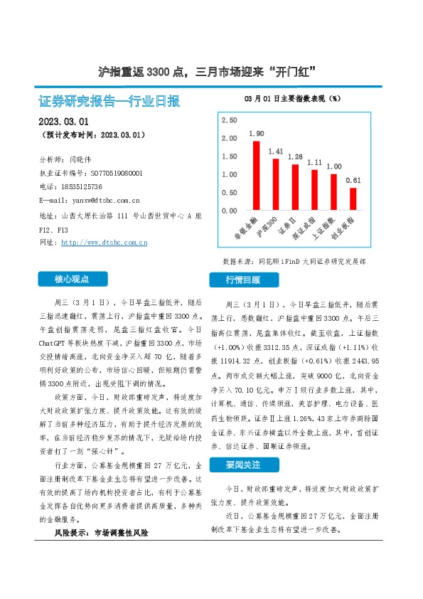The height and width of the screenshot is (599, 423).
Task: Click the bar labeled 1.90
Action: point(257,175)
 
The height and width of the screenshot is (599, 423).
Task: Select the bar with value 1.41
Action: point(276,184)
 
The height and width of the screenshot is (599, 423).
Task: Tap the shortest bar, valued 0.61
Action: point(353,199)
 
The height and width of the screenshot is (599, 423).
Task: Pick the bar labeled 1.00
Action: point(333,192)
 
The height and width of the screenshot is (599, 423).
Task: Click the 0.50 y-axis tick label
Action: point(229,193)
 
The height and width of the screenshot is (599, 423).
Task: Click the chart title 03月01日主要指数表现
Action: point(291,97)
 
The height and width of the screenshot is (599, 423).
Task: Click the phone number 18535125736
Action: point(82,186)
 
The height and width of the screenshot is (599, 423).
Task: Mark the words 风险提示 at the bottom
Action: point(72,532)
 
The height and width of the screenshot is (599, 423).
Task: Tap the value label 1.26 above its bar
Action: point(295,157)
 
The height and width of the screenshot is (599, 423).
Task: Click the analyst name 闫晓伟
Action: point(82,159)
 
